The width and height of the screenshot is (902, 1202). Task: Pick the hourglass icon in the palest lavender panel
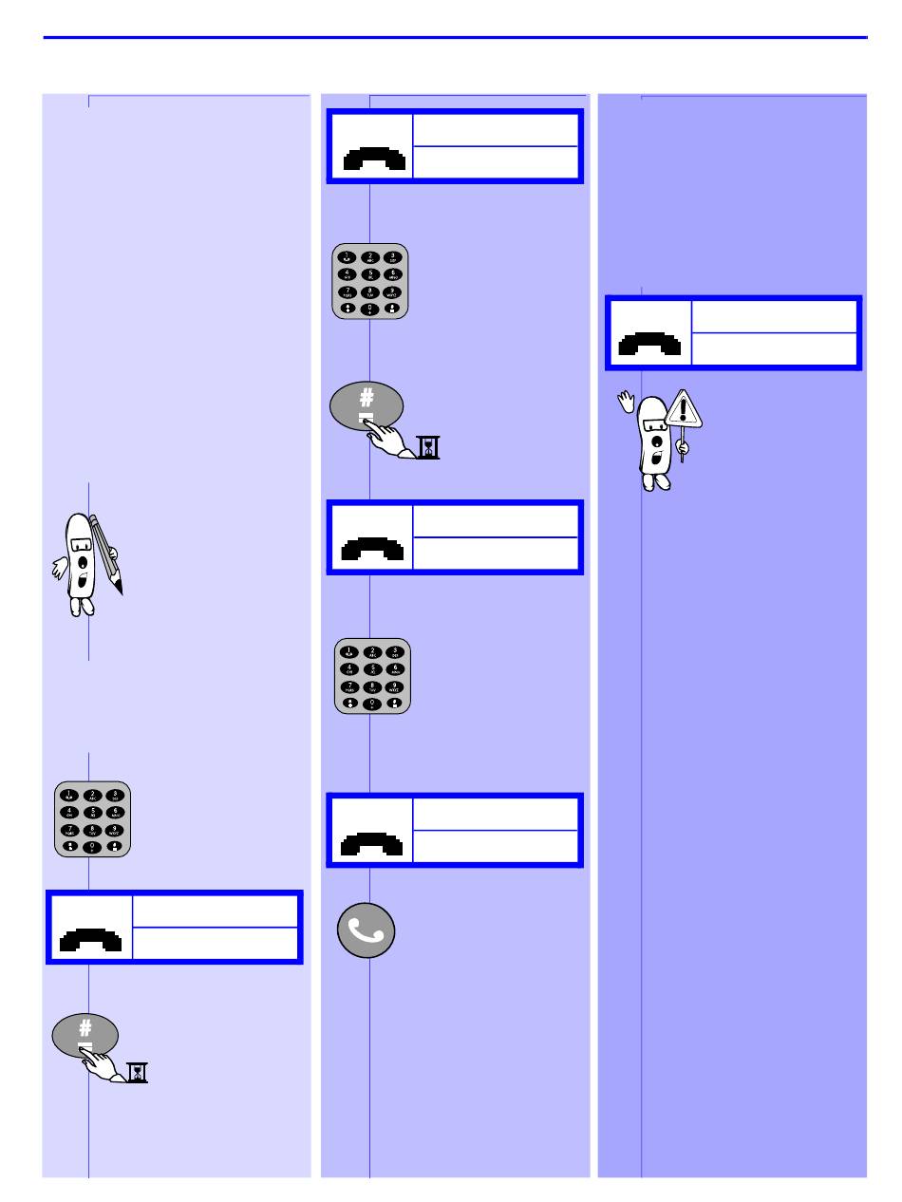pos(140,1073)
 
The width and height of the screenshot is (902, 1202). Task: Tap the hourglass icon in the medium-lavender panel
pos(430,448)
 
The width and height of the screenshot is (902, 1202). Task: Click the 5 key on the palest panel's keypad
pos(92,813)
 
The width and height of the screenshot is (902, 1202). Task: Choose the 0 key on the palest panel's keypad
pos(92,846)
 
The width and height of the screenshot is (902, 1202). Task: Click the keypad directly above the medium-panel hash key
pos(369,280)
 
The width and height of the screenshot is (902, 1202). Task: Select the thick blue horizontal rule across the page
pos(456,38)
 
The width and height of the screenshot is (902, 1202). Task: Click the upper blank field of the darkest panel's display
pos(775,316)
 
